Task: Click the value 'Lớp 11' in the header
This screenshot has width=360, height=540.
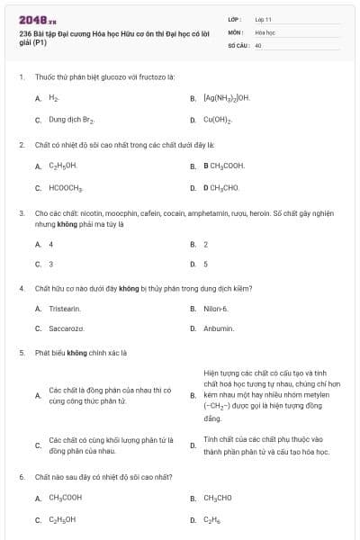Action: [263, 18]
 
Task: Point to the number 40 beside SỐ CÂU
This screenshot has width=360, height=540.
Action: [258, 44]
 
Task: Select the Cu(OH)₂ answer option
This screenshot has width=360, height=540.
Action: [218, 119]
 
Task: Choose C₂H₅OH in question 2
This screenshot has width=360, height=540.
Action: [63, 166]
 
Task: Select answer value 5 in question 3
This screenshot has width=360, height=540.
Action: [206, 264]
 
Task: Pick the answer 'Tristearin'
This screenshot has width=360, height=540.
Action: [66, 309]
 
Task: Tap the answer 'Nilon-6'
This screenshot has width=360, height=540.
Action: [216, 309]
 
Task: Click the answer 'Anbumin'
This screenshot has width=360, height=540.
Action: [219, 328]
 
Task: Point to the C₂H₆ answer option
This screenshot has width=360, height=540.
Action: [212, 519]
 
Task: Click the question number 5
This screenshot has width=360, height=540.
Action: [22, 353]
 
